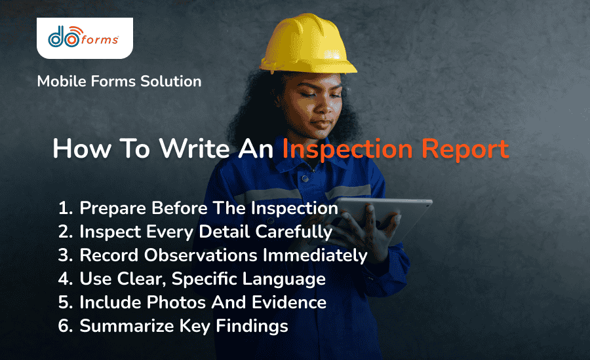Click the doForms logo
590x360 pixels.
click(x=84, y=37)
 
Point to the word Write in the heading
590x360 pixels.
click(x=185, y=149)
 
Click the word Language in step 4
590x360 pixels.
click(x=289, y=279)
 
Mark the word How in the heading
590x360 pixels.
click(x=74, y=149)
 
